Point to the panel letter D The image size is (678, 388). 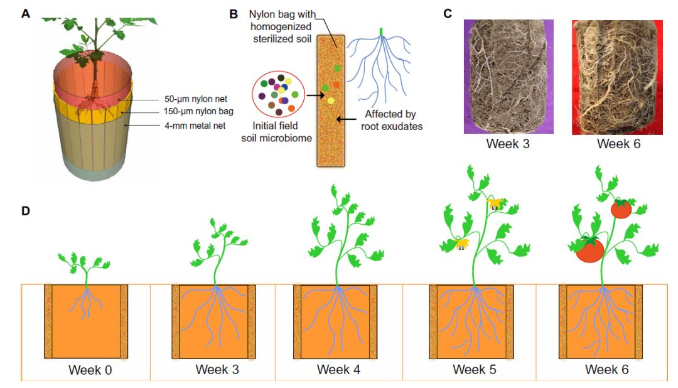[x=25, y=210]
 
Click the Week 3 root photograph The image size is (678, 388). [x=507, y=77]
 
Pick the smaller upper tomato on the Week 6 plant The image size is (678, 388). [x=621, y=209]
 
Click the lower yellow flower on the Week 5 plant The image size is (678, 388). [x=462, y=244]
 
